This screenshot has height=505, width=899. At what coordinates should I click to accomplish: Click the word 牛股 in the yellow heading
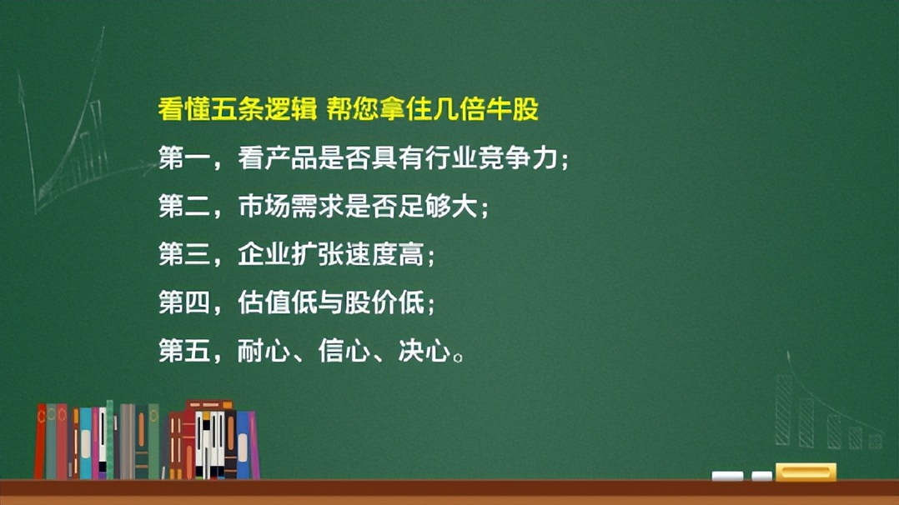[515, 109]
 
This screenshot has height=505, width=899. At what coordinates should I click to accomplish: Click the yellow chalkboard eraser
[805, 472]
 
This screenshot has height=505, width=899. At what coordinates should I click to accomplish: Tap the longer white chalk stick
[727, 477]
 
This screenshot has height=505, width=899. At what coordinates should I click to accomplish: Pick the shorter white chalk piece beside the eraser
[761, 477]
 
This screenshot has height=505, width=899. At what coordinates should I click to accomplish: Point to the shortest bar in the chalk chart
[874, 441]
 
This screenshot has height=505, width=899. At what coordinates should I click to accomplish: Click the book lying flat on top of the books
[208, 406]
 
